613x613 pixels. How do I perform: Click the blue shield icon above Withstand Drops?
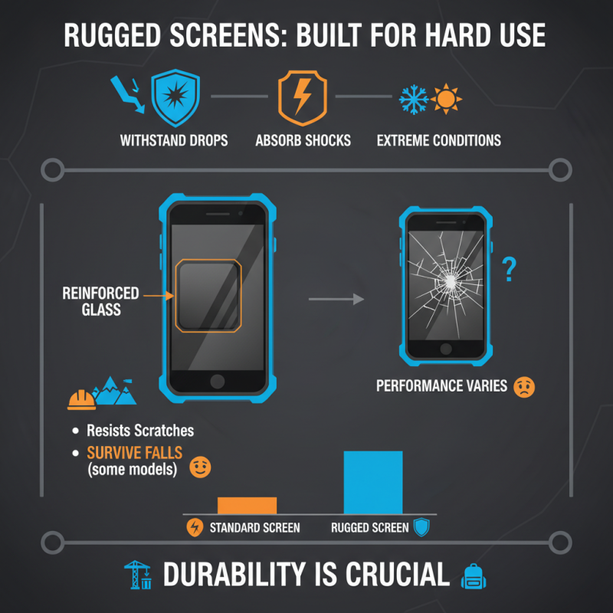click(175, 99)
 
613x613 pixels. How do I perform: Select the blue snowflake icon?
click(413, 100)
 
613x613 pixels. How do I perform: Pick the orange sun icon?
click(446, 100)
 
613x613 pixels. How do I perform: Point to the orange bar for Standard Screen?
click(247, 505)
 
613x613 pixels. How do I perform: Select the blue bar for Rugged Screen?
click(372, 482)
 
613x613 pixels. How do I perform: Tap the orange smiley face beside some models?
click(199, 468)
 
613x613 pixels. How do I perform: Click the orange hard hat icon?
click(81, 398)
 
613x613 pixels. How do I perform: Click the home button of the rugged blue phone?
click(218, 381)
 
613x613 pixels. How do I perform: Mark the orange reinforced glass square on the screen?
click(209, 296)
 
